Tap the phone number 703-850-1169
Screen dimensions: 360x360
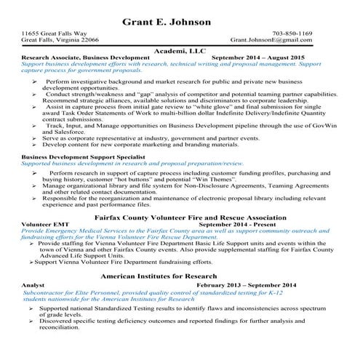[313, 34]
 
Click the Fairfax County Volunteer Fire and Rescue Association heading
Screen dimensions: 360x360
[180, 216]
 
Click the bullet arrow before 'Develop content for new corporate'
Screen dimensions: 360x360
[36, 144]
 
